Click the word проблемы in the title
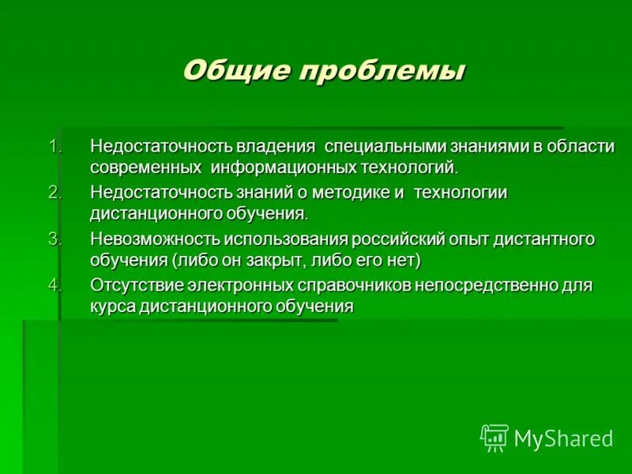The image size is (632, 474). click(381, 71)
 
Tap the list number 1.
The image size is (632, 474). click(54, 147)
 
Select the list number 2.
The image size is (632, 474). click(54, 193)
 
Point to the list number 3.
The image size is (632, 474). click(54, 239)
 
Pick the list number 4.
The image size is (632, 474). click(54, 284)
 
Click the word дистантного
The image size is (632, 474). click(555, 239)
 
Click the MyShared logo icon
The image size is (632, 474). click(495, 437)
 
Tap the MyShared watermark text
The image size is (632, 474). click(563, 438)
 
